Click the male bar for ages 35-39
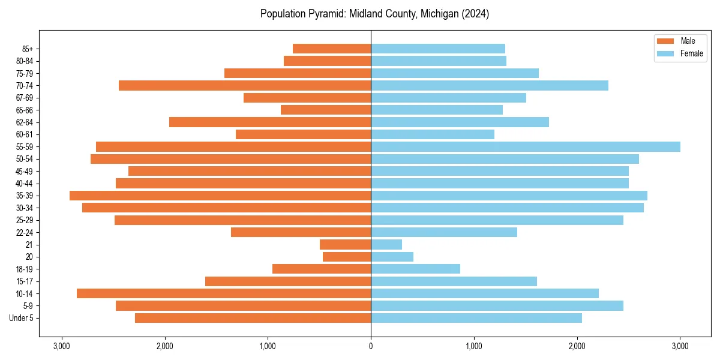point(220,196)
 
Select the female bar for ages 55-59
point(526,147)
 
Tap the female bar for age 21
point(386,245)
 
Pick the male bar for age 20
point(347,257)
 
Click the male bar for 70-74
point(245,86)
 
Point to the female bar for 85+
point(438,49)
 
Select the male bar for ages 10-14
point(224,293)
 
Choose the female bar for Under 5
point(476,318)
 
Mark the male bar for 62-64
point(270,122)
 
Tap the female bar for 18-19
point(415,269)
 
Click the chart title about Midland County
point(374,14)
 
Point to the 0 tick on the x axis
point(371,346)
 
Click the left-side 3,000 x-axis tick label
point(61,346)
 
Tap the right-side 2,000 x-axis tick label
point(577,346)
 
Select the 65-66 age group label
point(25,110)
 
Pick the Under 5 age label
point(22,318)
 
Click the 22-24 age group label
point(25,233)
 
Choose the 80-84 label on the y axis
point(25,61)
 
